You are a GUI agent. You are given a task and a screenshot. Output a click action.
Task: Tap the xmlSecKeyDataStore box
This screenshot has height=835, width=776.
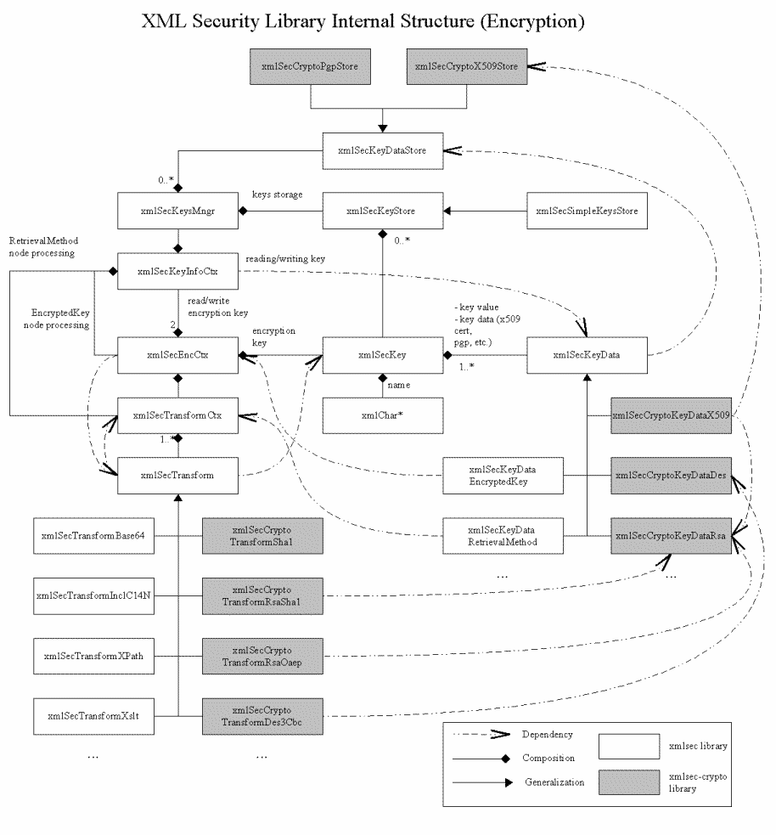385,151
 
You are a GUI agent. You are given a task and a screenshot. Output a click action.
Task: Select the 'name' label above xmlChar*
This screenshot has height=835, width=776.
399,386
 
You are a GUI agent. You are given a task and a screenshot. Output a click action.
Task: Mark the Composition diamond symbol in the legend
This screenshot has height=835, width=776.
507,758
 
